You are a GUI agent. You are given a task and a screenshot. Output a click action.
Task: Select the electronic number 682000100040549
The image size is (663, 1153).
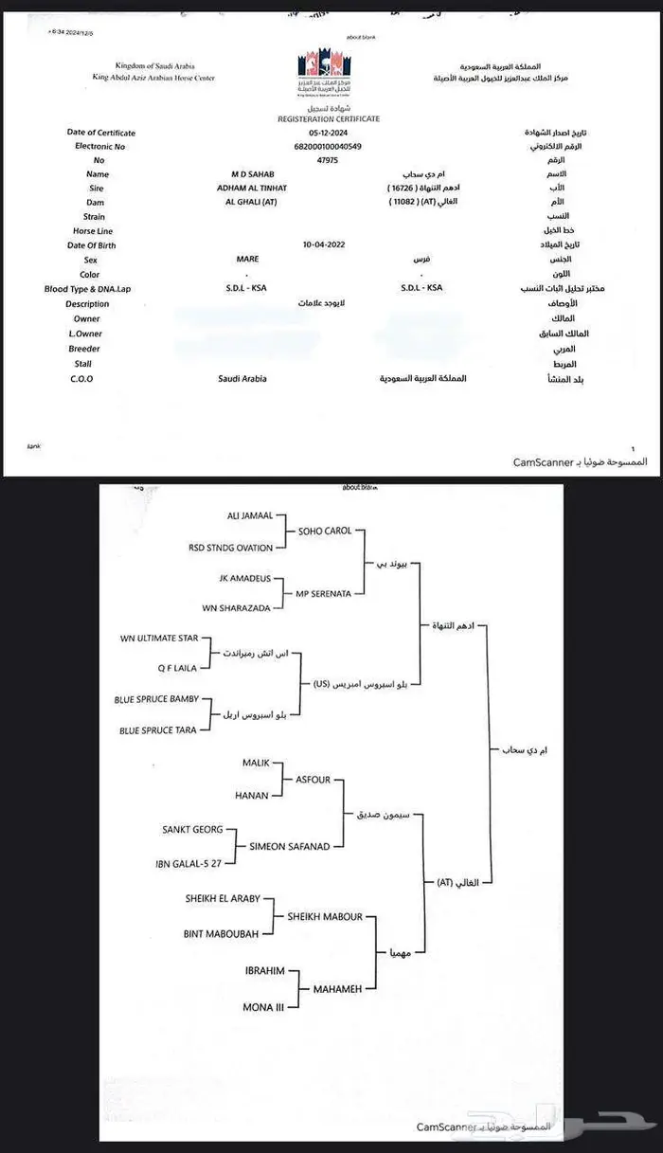pos(329,147)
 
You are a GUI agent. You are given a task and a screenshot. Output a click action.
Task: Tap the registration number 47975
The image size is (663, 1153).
pos(329,161)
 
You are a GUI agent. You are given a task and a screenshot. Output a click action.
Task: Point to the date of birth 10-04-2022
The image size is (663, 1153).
pos(324,244)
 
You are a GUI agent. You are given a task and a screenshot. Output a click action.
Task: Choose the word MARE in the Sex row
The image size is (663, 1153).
pos(247,259)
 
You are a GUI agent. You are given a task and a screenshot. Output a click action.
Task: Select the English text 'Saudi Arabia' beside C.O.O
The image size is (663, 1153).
pos(242,379)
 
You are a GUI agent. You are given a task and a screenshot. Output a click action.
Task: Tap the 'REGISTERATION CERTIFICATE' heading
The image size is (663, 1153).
pos(329,119)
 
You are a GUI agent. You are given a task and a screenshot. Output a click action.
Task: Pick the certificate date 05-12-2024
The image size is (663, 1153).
pos(329,134)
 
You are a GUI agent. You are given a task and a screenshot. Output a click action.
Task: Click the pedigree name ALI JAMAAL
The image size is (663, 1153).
pos(250,515)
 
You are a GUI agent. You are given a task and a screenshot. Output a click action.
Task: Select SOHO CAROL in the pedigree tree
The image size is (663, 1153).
pos(325,531)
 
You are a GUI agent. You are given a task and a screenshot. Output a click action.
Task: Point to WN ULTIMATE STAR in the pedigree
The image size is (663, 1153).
pos(159,638)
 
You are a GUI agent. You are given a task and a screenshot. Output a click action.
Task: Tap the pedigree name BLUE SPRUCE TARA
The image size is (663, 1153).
pos(158,730)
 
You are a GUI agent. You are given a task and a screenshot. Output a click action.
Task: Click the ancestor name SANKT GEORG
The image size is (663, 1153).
pos(193,829)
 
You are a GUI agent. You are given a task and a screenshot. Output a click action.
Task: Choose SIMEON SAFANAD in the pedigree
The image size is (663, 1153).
pos(290,846)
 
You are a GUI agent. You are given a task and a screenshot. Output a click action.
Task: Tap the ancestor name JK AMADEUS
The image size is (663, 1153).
pos(244,577)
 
